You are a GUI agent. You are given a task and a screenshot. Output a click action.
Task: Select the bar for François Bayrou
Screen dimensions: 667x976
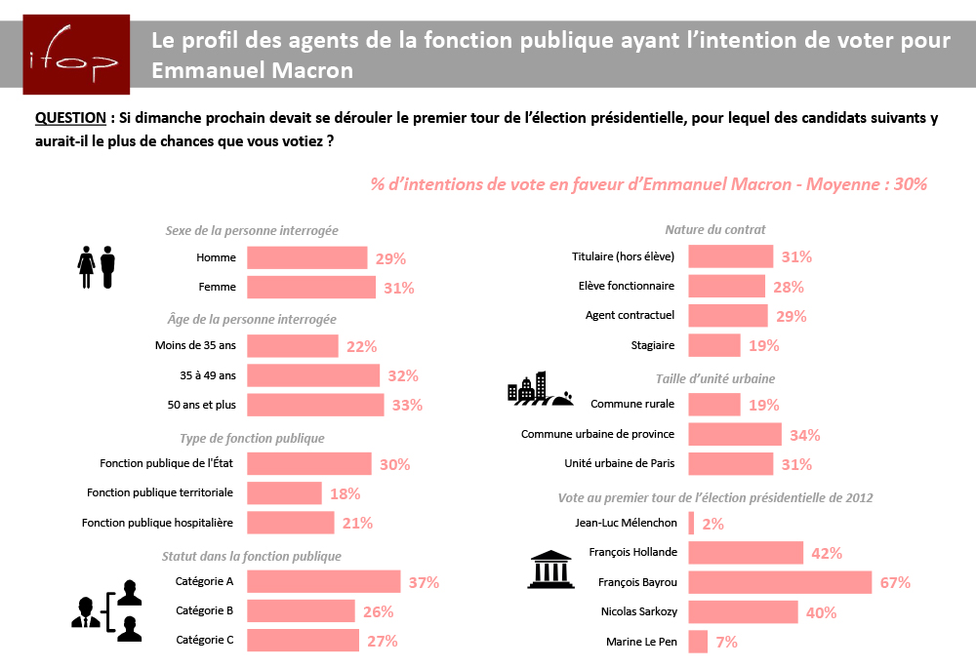click(x=780, y=583)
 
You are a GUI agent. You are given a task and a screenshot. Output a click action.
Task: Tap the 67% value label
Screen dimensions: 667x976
click(x=895, y=583)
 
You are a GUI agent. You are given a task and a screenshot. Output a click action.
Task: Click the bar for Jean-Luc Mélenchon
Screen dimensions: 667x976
click(x=691, y=524)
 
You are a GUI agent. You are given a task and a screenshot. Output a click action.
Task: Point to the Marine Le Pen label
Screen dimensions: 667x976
click(x=642, y=642)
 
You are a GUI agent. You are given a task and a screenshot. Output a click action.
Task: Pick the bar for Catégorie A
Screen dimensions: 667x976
click(x=323, y=582)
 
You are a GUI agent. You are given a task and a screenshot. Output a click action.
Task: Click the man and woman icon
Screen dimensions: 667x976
click(x=97, y=266)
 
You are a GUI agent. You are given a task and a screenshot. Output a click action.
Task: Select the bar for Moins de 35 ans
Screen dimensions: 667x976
click(x=292, y=346)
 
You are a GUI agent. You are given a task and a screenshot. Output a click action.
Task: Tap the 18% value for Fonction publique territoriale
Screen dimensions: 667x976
click(x=345, y=494)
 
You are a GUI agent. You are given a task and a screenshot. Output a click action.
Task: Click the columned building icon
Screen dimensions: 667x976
click(x=549, y=569)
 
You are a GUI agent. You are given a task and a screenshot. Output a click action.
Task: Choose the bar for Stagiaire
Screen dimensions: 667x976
click(x=714, y=345)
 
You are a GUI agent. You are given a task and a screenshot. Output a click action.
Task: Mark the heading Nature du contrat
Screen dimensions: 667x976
click(x=715, y=230)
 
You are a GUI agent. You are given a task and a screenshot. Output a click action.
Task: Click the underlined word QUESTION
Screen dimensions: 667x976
click(x=69, y=118)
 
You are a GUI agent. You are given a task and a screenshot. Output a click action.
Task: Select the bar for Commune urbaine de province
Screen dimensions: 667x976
click(x=735, y=434)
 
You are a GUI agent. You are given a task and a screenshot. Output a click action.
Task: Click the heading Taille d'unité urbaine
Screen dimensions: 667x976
click(x=716, y=378)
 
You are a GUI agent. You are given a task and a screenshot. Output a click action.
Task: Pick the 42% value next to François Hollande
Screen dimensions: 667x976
click(x=827, y=554)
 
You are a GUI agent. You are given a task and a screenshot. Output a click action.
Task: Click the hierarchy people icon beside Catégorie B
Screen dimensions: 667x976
click(x=107, y=610)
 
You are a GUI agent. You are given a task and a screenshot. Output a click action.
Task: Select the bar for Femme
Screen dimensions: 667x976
click(x=310, y=288)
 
